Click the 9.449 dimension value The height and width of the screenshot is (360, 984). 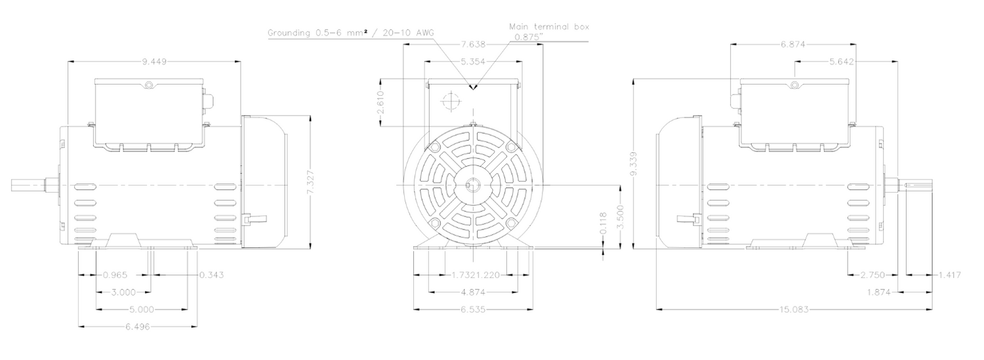(154, 62)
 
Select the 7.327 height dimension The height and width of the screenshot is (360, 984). (310, 182)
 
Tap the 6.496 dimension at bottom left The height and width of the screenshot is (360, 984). (138, 327)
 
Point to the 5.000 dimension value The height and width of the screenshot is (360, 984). (142, 310)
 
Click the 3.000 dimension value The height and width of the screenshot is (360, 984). (123, 292)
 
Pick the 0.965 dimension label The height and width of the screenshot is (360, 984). (115, 275)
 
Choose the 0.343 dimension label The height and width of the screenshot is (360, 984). (211, 275)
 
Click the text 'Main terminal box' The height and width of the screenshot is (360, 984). (549, 27)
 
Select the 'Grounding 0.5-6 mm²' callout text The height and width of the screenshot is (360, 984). (321, 33)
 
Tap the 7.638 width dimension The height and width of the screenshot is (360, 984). (473, 45)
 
